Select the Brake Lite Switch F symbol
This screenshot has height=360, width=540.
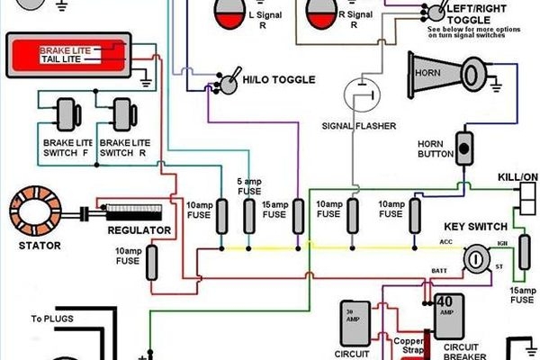click(66, 114)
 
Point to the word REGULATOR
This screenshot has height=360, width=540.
click(139, 230)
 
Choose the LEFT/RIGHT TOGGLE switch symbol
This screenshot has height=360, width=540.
click(436, 11)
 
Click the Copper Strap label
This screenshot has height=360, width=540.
click(410, 346)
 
